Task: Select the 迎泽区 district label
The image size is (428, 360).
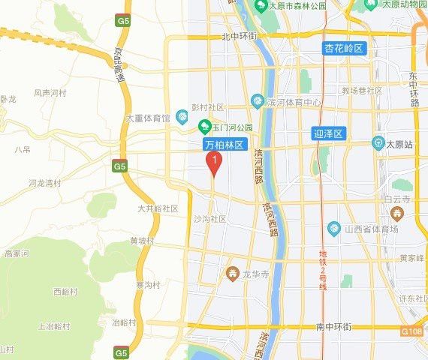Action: tap(327, 134)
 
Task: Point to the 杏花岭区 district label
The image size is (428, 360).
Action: tap(344, 49)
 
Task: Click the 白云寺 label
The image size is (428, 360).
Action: tap(395, 200)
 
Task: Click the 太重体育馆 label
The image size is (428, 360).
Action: tap(149, 118)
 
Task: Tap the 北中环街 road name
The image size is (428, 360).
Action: tap(240, 36)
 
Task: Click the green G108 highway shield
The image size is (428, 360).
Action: tap(411, 331)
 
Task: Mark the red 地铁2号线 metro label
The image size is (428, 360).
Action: tap(324, 270)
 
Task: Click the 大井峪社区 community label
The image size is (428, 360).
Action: tap(158, 208)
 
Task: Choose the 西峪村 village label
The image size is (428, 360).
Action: tap(65, 291)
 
